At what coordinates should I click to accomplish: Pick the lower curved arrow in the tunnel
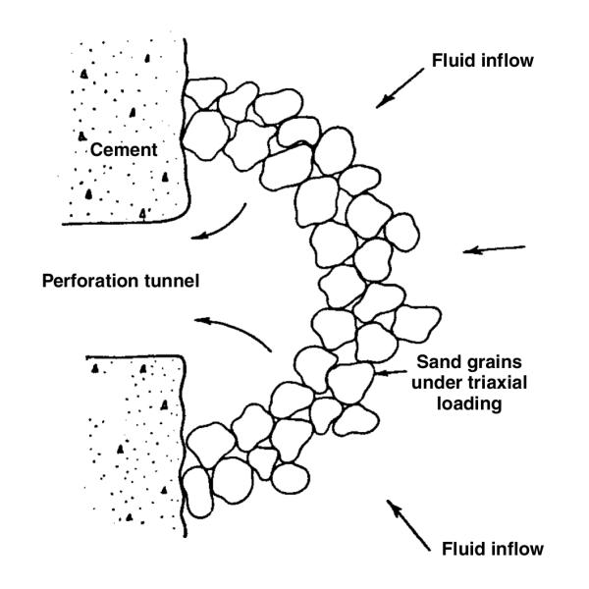coord(236,332)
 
